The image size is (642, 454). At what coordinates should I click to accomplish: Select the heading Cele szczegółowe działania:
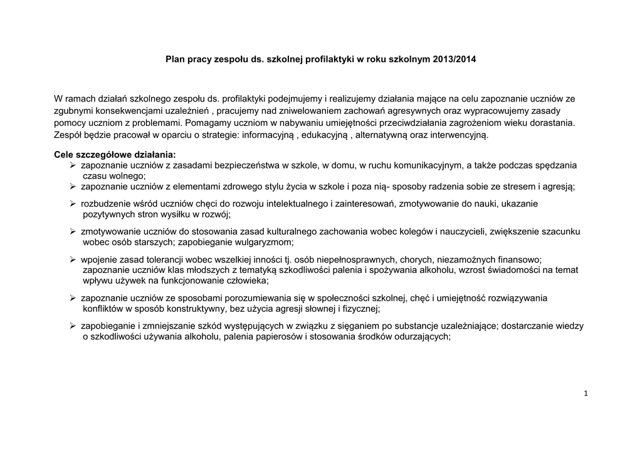[x=115, y=154]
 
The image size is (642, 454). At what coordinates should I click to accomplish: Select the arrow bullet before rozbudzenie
[x=73, y=204]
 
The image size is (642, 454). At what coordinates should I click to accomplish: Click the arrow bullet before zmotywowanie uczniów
[x=73, y=232]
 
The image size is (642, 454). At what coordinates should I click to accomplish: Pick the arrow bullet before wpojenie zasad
[x=73, y=259]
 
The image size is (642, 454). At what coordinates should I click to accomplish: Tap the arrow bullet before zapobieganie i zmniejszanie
[x=73, y=326]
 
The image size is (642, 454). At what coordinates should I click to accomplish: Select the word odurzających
[x=420, y=336]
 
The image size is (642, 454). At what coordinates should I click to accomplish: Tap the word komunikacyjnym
[x=427, y=165]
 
